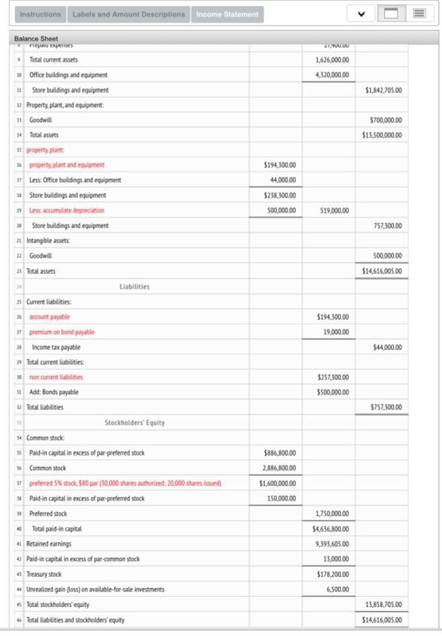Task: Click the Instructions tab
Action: pos(41,14)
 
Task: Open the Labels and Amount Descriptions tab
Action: pos(128,14)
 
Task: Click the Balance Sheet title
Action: pos(36,38)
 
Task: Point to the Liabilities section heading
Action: pos(135,287)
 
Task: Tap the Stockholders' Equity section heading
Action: pos(135,423)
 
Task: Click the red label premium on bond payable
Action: pos(62,332)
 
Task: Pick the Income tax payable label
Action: pos(56,347)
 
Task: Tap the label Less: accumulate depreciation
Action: pos(67,211)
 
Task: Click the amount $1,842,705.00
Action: pos(383,90)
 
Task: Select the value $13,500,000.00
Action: pos(382,135)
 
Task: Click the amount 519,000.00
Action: pos(334,211)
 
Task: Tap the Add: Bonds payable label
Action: pos(54,392)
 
